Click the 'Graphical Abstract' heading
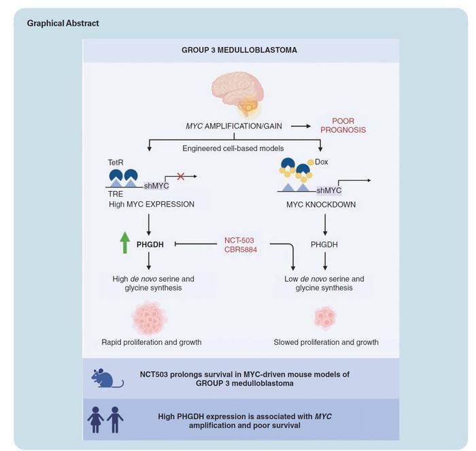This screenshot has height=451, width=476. [63, 23]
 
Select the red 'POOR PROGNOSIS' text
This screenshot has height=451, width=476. [343, 125]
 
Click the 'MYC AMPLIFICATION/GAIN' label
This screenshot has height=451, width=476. [235, 126]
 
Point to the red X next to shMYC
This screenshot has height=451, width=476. [181, 177]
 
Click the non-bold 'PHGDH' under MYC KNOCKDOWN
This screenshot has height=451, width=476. [324, 243]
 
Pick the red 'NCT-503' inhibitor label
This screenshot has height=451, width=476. [239, 239]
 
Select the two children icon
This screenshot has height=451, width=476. [107, 419]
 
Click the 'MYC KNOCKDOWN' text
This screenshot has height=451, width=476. [324, 203]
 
